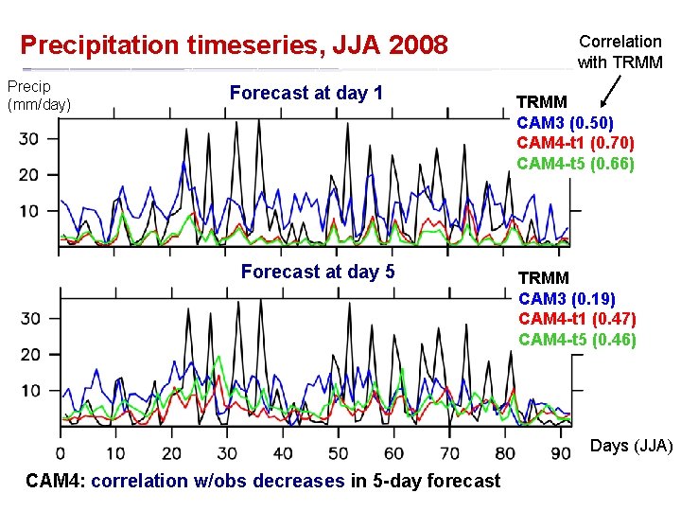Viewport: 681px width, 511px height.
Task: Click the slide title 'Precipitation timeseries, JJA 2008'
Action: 234,44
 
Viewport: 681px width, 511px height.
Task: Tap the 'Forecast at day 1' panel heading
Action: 306,93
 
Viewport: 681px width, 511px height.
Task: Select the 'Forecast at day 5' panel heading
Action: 317,272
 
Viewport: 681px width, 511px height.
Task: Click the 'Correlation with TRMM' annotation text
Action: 620,52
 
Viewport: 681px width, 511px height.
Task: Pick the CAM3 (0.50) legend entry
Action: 565,123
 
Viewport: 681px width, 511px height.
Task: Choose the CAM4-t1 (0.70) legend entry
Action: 575,143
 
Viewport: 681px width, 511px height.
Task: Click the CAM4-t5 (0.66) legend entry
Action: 575,164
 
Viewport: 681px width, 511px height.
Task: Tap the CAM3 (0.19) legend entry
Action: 566,299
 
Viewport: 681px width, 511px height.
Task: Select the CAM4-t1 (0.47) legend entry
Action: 576,319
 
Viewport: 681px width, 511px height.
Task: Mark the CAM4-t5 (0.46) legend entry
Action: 576,339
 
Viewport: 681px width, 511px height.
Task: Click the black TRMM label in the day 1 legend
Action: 541,102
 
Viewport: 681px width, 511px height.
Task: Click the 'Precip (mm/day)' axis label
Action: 39,96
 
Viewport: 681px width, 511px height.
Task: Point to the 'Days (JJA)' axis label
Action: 631,445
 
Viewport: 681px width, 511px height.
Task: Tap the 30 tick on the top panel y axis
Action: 30,139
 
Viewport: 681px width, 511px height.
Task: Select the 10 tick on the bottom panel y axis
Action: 30,390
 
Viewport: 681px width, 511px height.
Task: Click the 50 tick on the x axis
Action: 338,453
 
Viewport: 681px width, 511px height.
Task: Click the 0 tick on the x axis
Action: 61,453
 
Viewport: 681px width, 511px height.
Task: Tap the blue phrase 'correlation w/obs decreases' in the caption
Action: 218,481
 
